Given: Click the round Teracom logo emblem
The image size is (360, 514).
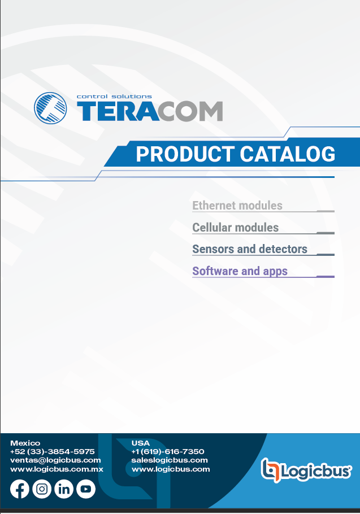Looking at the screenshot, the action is (x=50, y=108).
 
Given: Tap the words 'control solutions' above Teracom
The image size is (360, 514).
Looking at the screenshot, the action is (x=114, y=97).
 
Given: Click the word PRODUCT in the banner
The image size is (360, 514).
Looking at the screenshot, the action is (x=185, y=154).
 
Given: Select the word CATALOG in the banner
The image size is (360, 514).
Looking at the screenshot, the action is (x=288, y=154).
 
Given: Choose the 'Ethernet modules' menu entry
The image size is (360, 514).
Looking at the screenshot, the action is (x=237, y=206).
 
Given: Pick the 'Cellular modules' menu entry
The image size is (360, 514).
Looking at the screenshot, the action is (x=236, y=228).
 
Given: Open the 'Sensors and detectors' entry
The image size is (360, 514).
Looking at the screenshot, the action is (x=250, y=249).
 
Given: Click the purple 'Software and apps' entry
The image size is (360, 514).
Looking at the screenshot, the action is (x=240, y=272).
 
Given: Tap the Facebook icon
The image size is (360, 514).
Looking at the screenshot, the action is (x=20, y=489).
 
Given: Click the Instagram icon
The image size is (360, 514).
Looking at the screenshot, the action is (x=42, y=489).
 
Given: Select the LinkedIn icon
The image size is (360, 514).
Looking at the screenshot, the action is (x=64, y=489).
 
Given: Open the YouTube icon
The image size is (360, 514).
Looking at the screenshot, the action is (x=86, y=489).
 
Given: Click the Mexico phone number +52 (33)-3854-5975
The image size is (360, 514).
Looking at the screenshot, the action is (x=53, y=452).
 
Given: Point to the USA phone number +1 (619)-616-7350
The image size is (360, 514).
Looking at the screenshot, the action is (x=167, y=452).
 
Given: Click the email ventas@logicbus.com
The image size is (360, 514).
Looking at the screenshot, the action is (x=55, y=460).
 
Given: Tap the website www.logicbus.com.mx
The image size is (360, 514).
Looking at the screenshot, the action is (x=57, y=469).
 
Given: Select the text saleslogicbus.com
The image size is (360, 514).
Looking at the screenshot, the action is (x=170, y=460).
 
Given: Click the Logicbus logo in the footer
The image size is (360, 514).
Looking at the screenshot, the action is (x=306, y=471).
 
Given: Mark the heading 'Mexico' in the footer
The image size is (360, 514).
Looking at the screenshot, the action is (x=25, y=443).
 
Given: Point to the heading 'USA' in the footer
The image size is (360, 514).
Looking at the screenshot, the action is (x=140, y=443).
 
